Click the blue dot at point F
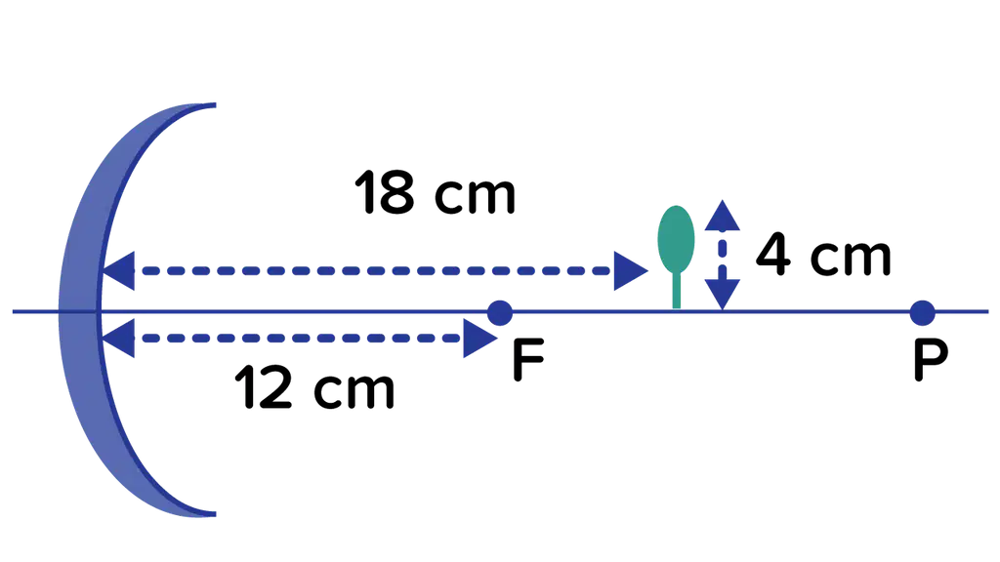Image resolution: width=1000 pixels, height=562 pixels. click(x=499, y=313)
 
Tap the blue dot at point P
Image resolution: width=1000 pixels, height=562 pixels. click(x=922, y=313)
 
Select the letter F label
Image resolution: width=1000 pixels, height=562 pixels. click(x=528, y=360)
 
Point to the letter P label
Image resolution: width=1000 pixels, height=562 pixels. click(x=931, y=360)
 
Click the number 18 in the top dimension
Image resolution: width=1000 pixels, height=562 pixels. click(x=385, y=192)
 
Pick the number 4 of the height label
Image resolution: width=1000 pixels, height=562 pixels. click(x=773, y=254)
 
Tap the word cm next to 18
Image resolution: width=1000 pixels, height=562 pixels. click(x=476, y=195)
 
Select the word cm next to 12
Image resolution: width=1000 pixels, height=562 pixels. click(x=354, y=390)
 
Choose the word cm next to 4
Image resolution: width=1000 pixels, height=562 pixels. click(x=851, y=257)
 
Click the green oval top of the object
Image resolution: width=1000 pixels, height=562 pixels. click(x=676, y=239)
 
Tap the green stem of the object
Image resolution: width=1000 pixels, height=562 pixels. click(x=677, y=291)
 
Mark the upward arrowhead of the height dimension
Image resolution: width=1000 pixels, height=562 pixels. click(x=722, y=216)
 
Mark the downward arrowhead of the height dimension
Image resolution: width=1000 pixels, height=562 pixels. click(x=722, y=295)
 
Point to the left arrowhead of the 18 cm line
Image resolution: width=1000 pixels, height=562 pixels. click(x=118, y=271)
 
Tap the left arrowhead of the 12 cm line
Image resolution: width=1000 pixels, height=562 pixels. click(x=118, y=339)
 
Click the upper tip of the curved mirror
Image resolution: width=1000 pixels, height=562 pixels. click(x=214, y=104)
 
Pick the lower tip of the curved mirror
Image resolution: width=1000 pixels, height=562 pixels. click(x=214, y=513)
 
